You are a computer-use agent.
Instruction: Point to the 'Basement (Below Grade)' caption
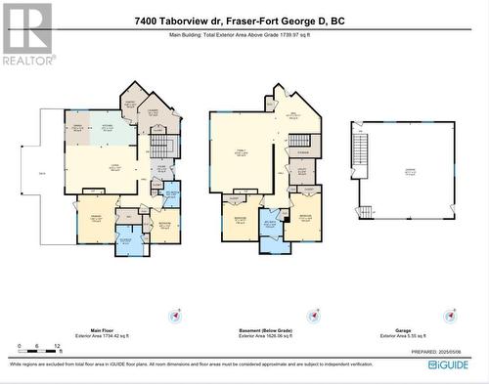264,329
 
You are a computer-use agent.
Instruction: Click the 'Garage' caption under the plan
404,329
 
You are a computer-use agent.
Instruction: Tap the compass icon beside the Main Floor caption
176,316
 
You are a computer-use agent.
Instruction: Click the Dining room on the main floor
76,128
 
